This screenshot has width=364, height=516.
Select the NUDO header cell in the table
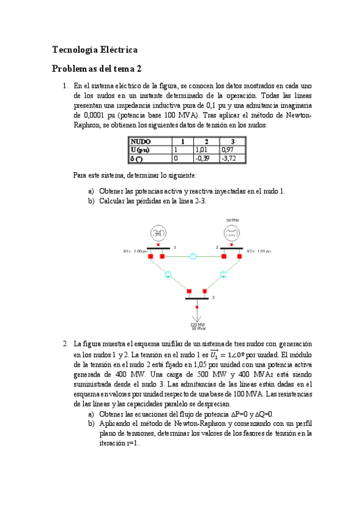point(142,141)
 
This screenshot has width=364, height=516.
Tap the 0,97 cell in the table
point(228,150)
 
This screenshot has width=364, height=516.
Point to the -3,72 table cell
point(228,158)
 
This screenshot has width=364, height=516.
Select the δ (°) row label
point(137,158)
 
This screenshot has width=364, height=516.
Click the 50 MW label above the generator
point(232,220)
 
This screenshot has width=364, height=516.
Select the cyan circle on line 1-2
point(193,256)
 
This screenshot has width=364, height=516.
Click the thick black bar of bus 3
point(196,298)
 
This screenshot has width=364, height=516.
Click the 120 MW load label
point(197,325)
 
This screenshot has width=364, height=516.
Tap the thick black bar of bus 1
point(158,248)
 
